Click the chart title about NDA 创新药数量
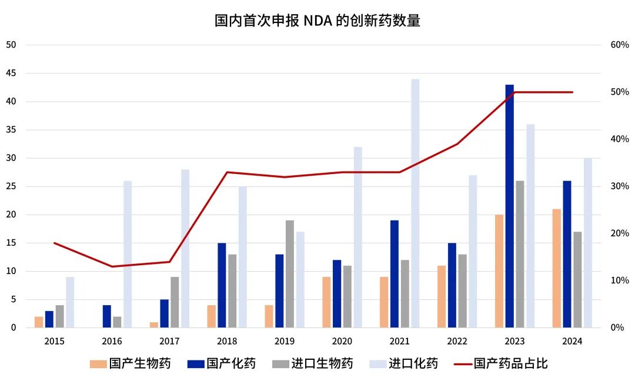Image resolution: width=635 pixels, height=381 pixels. tap(317, 21)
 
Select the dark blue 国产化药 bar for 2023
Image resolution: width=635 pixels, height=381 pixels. tap(509, 206)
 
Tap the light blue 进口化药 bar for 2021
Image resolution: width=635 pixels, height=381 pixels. tap(415, 203)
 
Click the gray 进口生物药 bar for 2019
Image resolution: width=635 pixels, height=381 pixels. tap(290, 274)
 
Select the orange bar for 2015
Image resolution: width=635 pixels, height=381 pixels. tap(39, 322)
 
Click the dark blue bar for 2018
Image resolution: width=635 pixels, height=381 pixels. tap(222, 285)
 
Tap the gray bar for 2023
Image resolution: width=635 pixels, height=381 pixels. tap(520, 254)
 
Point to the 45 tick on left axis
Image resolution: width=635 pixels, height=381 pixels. tap(11, 73)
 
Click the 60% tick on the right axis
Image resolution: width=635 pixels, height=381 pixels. tap(620, 45)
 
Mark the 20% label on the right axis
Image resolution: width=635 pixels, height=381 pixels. tap(620, 233)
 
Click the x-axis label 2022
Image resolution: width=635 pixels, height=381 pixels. tap(457, 342)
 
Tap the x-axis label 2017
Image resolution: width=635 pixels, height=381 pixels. tap(169, 342)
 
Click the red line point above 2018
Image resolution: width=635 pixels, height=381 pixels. tap(227, 172)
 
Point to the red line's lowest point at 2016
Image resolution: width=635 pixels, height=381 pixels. tap(112, 266)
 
